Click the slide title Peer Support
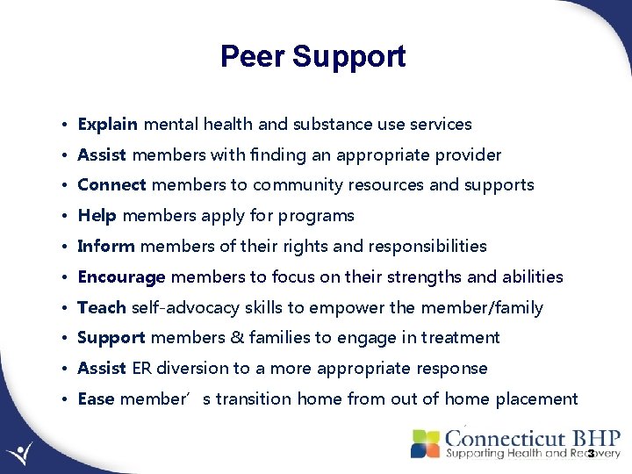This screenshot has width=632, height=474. (x=312, y=57)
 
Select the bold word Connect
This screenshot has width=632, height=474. (x=112, y=185)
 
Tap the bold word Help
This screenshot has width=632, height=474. (x=97, y=216)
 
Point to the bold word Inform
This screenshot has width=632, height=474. (x=106, y=247)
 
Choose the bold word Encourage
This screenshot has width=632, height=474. (x=121, y=277)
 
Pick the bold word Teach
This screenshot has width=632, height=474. (x=102, y=307)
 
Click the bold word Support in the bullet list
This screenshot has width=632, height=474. (x=111, y=338)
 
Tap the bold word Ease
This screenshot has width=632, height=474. (x=96, y=399)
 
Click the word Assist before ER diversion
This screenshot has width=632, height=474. (x=102, y=369)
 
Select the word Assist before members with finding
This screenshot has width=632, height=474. (x=102, y=155)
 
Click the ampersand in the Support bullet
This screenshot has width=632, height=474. (x=240, y=338)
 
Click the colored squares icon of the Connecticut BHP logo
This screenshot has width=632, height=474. (x=426, y=442)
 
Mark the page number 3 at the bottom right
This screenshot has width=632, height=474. (x=591, y=454)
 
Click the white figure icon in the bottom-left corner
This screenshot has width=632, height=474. (x=19, y=452)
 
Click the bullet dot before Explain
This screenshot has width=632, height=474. (x=67, y=126)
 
